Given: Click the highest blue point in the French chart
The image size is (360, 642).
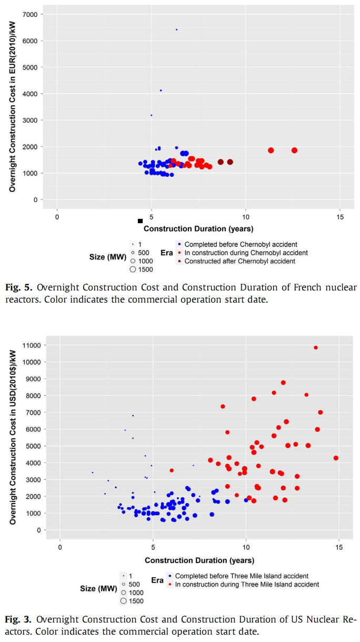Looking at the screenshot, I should (x=176, y=29).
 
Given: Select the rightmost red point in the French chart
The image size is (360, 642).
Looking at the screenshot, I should (x=294, y=151).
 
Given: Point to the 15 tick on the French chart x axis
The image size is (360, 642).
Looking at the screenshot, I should (x=339, y=217).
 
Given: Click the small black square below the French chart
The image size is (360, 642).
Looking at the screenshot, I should (x=140, y=221).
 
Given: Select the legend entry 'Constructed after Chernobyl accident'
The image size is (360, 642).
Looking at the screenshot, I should (x=239, y=262).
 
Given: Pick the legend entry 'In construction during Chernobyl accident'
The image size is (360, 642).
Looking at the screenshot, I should (x=246, y=253).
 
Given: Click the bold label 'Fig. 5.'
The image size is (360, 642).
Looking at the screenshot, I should (x=19, y=287).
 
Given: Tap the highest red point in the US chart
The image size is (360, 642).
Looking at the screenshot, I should (x=316, y=347).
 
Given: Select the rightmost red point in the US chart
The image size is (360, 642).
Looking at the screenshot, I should (x=336, y=458).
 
